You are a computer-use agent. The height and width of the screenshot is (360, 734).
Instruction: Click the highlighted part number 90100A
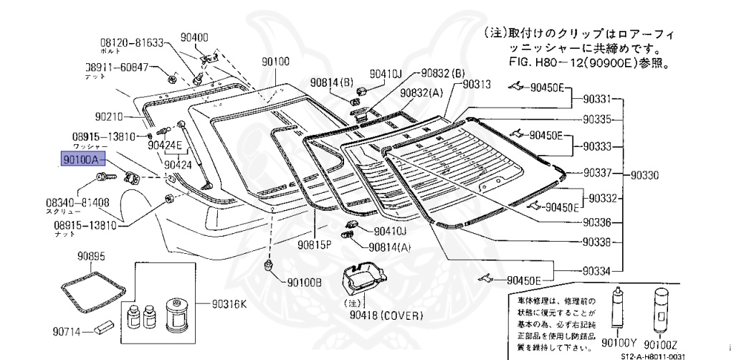(x=84, y=161)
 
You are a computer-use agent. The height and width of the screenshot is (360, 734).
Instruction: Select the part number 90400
(x=194, y=37)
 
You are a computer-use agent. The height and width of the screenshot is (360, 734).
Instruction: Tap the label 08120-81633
(x=132, y=42)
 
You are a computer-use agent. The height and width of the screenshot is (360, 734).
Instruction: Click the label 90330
(x=647, y=174)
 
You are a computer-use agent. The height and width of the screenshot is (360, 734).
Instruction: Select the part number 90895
(x=92, y=255)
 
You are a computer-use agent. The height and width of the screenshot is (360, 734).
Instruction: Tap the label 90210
(x=110, y=116)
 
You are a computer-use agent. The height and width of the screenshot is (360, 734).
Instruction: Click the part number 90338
(x=597, y=242)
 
